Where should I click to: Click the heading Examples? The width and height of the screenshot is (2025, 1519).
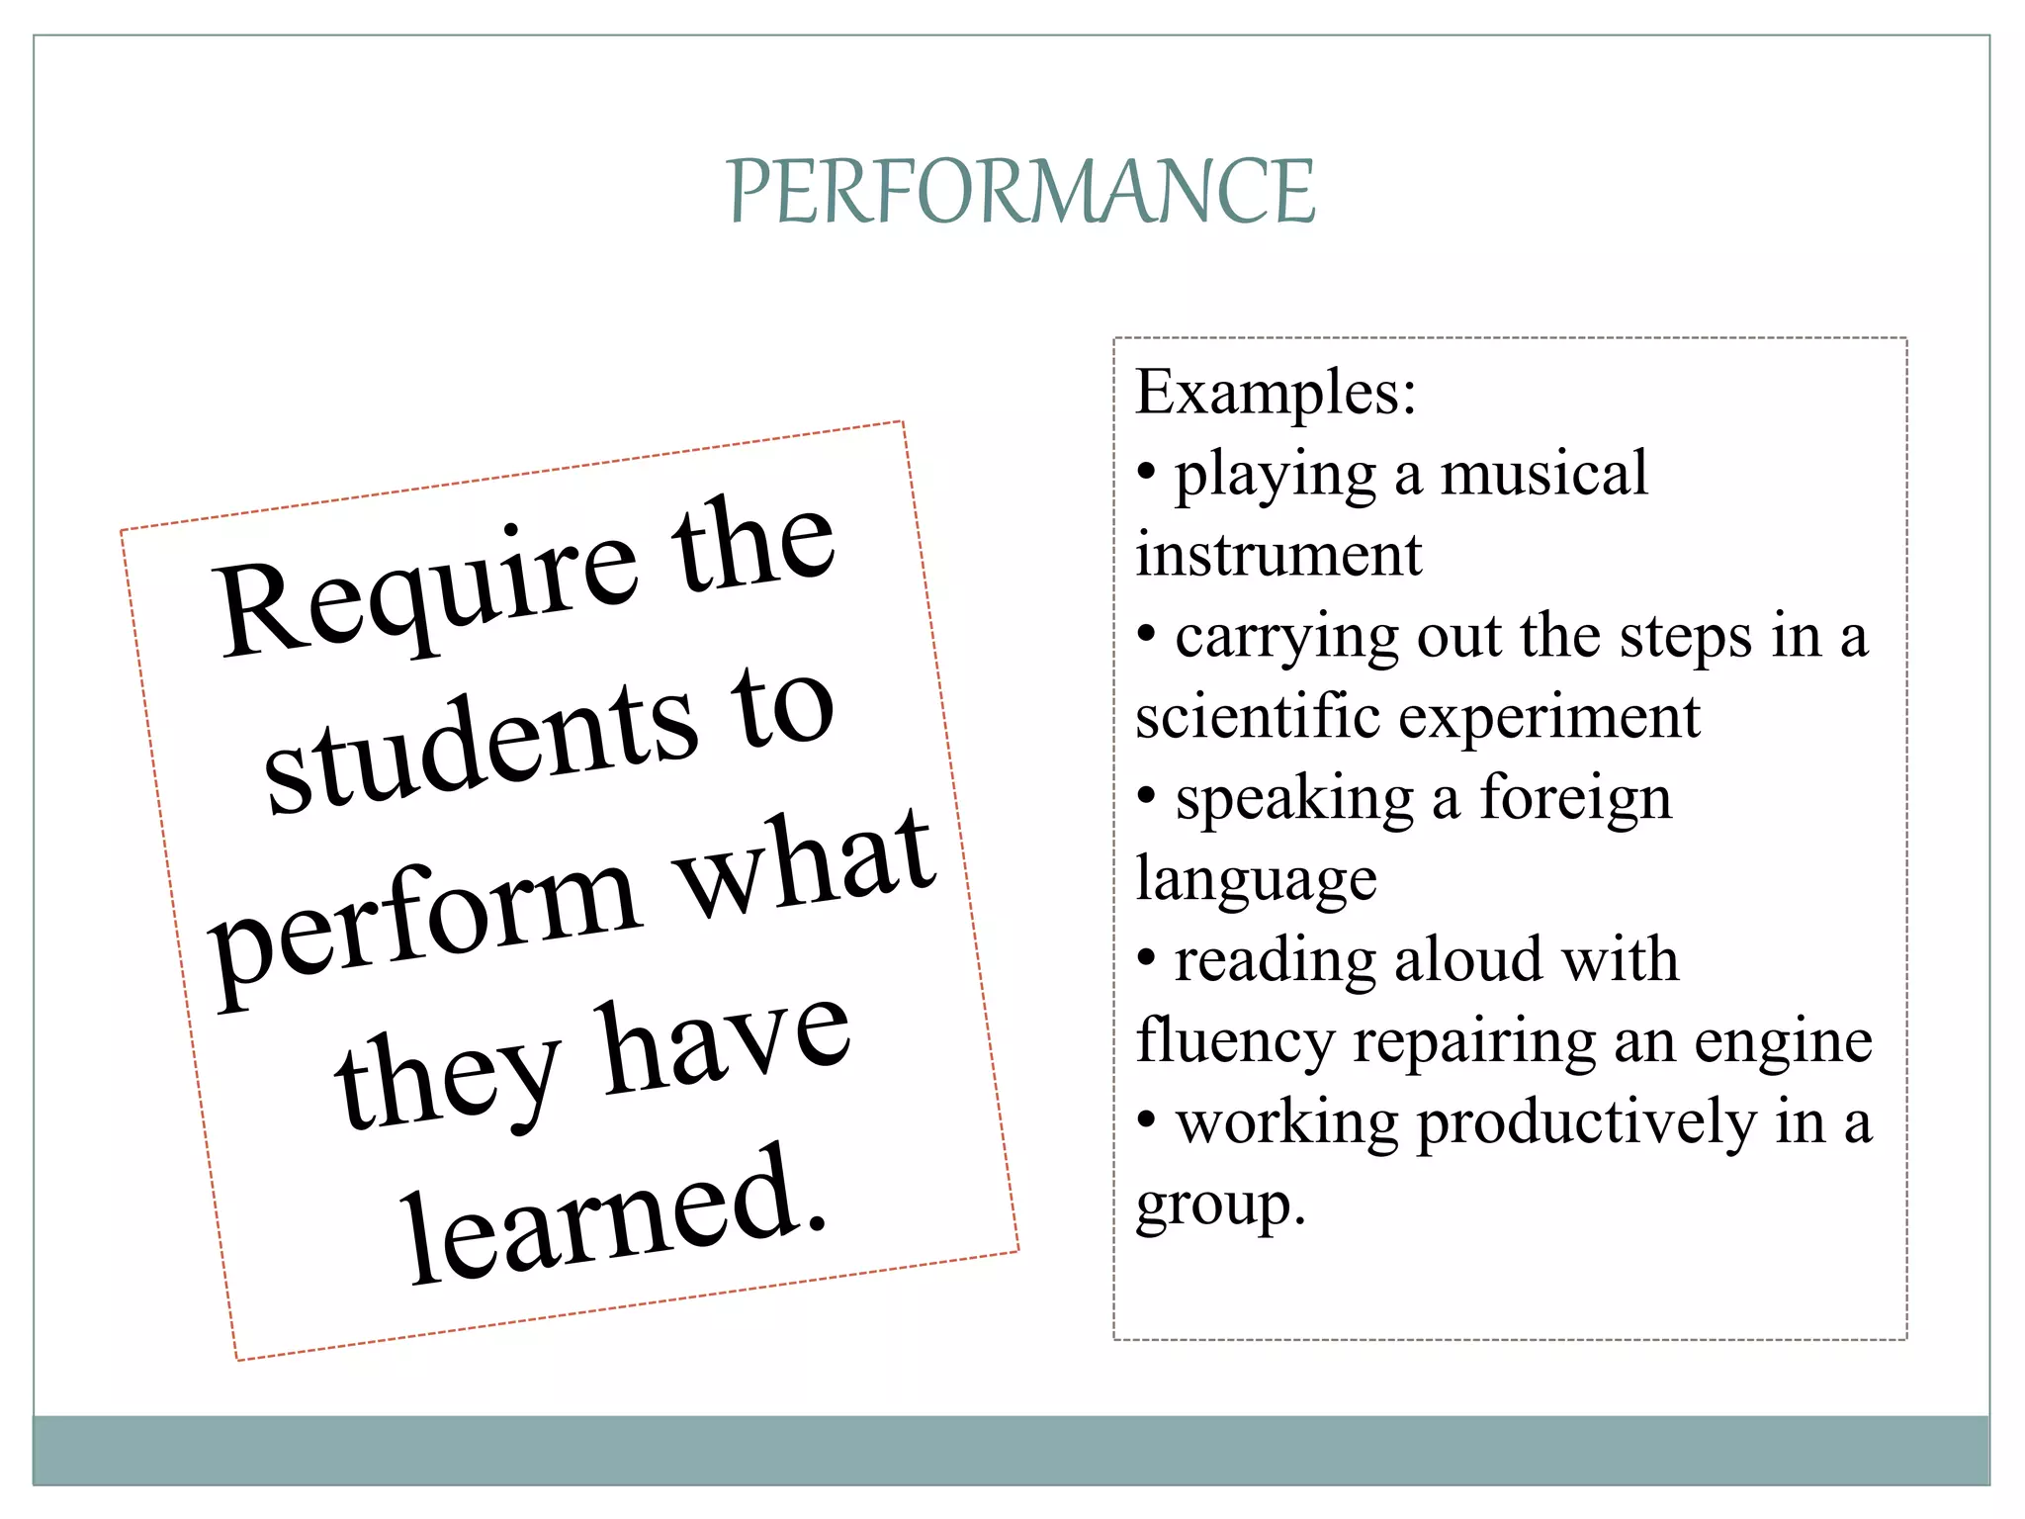coord(1276,394)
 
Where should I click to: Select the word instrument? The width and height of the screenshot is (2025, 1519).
coord(1277,554)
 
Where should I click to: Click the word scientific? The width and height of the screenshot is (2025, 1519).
coord(1257,716)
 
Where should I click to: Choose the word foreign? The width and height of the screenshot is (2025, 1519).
coord(1575,798)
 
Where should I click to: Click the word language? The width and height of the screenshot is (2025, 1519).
coord(1256,879)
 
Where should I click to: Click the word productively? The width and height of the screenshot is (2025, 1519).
coord(1586,1124)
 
